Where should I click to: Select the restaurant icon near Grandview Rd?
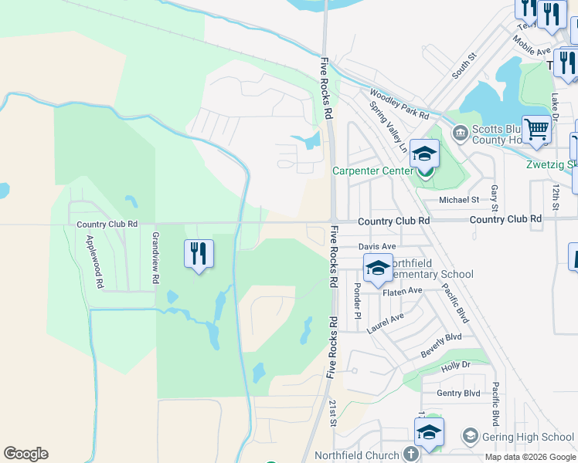coord(199,252)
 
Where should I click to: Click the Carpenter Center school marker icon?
coord(424,154)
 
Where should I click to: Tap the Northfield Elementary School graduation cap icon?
coord(378,269)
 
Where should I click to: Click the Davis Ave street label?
coord(377,246)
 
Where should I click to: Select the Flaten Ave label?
coord(404,290)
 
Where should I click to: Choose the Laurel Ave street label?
coord(386,323)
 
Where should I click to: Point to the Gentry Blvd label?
coord(458,393)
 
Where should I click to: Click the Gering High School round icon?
coord(469,437)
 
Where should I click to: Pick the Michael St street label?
coord(459,200)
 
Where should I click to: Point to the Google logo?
coord(25,454)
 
